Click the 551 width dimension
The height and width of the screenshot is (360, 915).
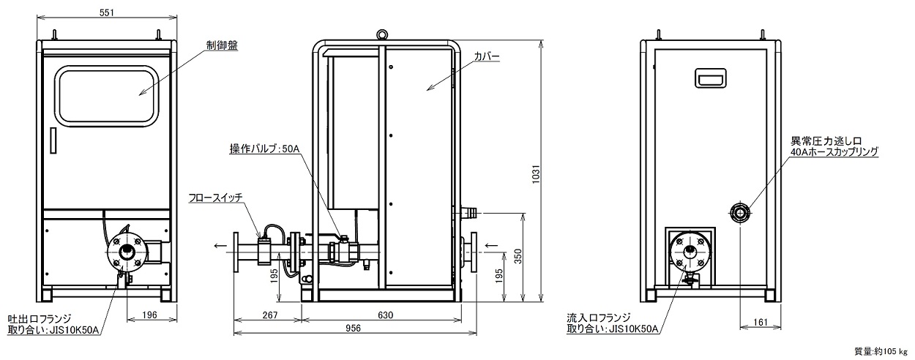(x=107, y=12)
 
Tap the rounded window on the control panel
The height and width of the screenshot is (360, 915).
(x=108, y=96)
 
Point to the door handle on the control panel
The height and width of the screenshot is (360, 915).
(x=53, y=140)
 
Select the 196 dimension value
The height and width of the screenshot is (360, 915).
(x=149, y=315)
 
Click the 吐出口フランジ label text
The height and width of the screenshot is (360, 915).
(x=40, y=318)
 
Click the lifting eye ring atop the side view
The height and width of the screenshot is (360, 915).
(x=382, y=34)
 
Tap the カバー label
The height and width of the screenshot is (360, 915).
(x=487, y=56)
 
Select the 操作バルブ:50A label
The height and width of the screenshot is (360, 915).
(x=264, y=149)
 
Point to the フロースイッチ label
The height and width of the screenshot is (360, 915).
(x=215, y=198)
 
